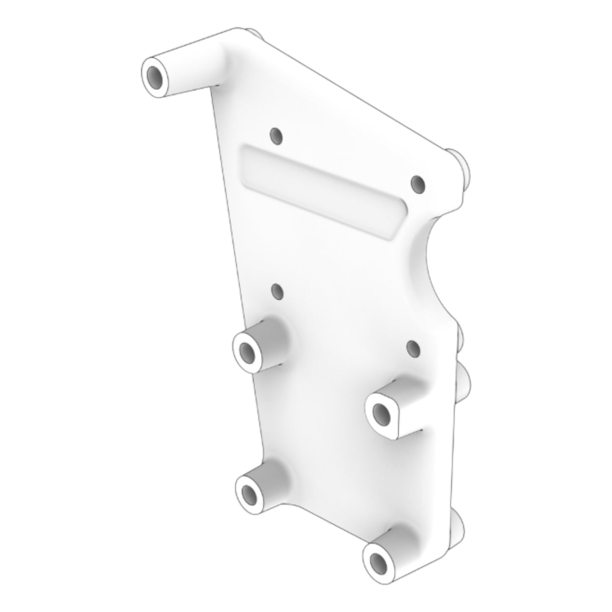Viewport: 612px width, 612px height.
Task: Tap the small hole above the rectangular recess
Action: click(x=276, y=136)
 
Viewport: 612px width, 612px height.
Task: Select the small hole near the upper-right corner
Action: click(x=418, y=184)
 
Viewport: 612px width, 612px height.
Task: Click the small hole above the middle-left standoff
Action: click(x=277, y=291)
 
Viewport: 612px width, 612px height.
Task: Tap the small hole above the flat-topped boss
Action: click(x=413, y=348)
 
